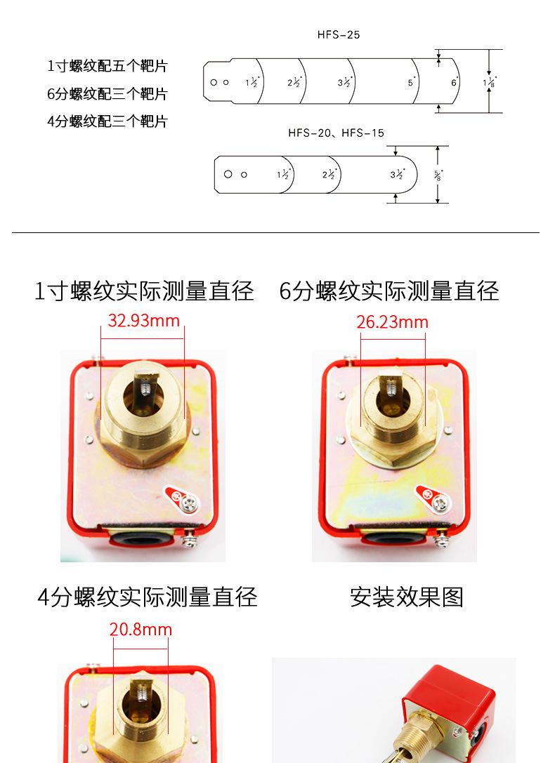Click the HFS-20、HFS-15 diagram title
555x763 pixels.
(x=336, y=133)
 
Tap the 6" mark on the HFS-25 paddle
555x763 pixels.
(x=455, y=82)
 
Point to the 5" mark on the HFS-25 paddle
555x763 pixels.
(x=412, y=82)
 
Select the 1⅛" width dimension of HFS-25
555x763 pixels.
(x=490, y=82)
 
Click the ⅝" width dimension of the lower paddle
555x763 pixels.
(x=438, y=175)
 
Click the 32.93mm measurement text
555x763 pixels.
(x=144, y=321)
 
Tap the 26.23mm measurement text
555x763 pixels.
(x=392, y=322)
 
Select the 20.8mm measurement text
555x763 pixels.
(x=141, y=629)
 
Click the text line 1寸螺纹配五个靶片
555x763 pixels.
(x=107, y=67)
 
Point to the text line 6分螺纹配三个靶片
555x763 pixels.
(x=107, y=94)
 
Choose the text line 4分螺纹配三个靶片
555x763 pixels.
(x=107, y=121)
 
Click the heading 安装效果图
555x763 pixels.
(x=407, y=597)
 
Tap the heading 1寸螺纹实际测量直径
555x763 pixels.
(x=144, y=291)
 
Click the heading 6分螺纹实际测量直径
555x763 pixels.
(x=388, y=291)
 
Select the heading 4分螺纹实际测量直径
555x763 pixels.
(x=148, y=597)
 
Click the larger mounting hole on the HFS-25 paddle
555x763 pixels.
(x=214, y=82)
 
